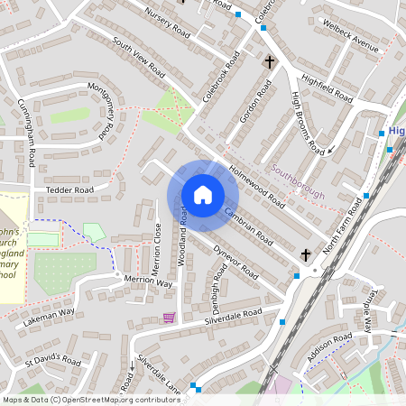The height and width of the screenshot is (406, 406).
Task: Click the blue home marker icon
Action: [202, 195]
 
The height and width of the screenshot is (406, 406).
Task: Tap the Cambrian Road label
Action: [249, 224]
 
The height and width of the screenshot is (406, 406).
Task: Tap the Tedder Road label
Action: [69, 191]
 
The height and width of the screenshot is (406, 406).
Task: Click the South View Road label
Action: [139, 56]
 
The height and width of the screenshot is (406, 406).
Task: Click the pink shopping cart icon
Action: [169, 317]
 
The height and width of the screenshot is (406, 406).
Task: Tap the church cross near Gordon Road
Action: [269, 62]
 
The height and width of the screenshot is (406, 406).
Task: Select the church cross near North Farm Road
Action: [306, 255]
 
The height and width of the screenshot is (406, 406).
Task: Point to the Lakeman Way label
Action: [51, 316]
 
